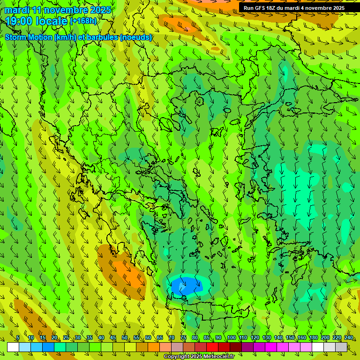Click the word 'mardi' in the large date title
tap(16, 10)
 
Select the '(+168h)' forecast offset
tap(83, 21)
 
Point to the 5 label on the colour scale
tap(18, 338)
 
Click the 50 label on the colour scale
tap(125, 338)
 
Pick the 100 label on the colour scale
tap(231, 338)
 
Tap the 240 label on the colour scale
tap(348, 338)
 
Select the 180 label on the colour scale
tap(313, 338)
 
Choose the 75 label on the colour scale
tap(183, 338)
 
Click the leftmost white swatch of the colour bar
tap(13, 347)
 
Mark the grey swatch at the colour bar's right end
tap(341, 347)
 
